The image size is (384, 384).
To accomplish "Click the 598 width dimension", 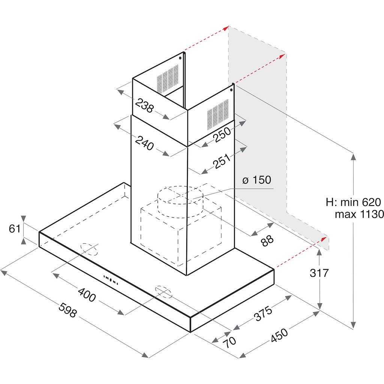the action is coord(67,310).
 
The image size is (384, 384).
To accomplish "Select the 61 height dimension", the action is coord(15,228).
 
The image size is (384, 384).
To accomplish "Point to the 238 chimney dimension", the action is coord(144,105).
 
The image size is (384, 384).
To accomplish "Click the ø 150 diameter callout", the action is coord(256,180).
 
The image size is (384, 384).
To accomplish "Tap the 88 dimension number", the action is coord(267,240).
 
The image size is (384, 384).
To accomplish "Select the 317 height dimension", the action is coord(319,273).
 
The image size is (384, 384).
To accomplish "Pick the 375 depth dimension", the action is coord(263,313).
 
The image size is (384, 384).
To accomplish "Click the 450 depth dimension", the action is coord(279,336).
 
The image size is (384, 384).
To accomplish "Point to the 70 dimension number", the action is coord(229,342).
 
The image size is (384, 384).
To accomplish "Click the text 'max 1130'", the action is coord(359,214).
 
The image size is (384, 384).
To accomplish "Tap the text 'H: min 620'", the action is coord(353,202).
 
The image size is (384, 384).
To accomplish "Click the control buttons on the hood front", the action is coord(111,280).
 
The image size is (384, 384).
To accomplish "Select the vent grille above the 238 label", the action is coord(168,79).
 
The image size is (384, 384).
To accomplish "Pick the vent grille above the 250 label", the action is coord(218,114).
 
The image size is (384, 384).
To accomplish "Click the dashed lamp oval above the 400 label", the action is coord(89,249).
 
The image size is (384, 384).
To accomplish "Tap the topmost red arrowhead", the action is coord(226,28).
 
